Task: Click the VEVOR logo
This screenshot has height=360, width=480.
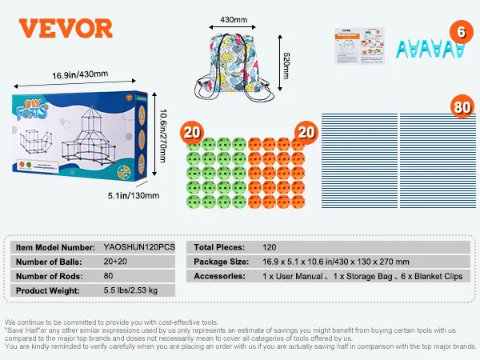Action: click(66, 29)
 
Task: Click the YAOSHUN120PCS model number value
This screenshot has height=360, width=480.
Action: click(139, 247)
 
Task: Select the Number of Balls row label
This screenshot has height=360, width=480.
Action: click(48, 262)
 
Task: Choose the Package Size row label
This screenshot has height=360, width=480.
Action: click(220, 262)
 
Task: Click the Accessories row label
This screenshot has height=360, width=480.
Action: click(219, 276)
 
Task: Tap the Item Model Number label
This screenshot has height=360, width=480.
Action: click(53, 247)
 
